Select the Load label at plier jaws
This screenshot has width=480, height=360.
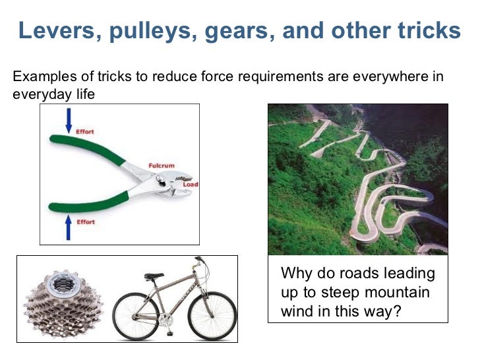point(190,185)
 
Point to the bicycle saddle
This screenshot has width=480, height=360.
point(154,276)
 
